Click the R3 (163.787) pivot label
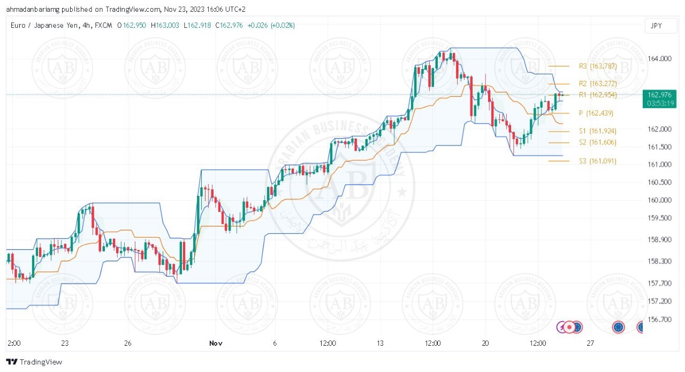click(x=598, y=66)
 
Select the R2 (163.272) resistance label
click(x=598, y=83)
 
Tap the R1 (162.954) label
click(x=598, y=95)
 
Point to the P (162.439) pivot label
click(x=596, y=113)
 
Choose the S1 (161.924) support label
click(x=597, y=131)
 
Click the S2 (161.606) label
click(x=597, y=142)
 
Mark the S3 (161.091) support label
click(x=597, y=161)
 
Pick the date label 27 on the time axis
click(x=590, y=343)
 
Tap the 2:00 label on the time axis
click(x=15, y=343)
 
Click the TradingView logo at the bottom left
click(x=34, y=362)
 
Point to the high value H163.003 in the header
click(x=166, y=25)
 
